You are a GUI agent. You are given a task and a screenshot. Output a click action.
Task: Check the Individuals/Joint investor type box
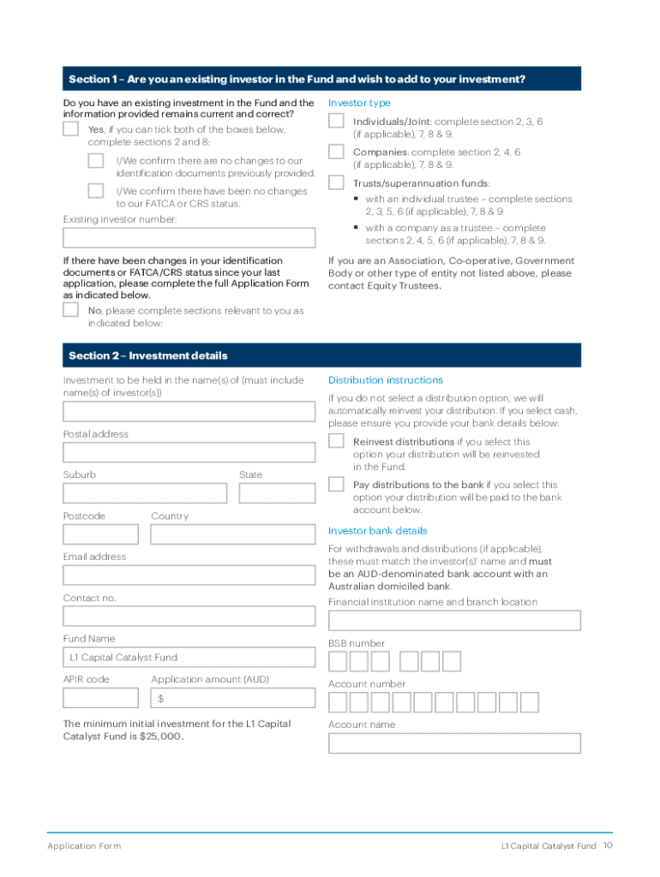tap(337, 122)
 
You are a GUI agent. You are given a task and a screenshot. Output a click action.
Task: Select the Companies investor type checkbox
tap(337, 152)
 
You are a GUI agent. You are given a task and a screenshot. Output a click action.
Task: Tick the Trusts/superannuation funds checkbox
tap(337, 183)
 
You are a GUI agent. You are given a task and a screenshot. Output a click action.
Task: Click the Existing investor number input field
tap(189, 238)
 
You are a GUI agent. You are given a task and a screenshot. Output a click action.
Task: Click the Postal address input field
tap(189, 452)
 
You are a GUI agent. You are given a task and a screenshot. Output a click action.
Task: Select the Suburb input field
tap(145, 493)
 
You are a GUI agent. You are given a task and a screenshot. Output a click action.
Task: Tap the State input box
tap(276, 493)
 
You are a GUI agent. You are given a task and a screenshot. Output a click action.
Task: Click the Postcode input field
tap(100, 534)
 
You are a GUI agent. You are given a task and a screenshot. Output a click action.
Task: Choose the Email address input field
tap(189, 575)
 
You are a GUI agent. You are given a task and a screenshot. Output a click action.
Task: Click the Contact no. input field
tap(189, 617)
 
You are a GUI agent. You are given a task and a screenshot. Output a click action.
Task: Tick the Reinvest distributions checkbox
tap(337, 442)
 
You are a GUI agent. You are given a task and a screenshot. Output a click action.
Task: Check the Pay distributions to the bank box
tap(337, 485)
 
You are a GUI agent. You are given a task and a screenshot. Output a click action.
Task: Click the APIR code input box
tap(100, 699)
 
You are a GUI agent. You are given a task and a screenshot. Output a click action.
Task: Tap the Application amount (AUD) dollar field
tap(232, 699)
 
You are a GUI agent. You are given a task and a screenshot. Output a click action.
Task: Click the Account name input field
tap(454, 743)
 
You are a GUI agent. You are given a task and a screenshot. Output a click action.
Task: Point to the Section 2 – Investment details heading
tap(148, 355)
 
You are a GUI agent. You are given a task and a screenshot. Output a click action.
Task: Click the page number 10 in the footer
tap(607, 845)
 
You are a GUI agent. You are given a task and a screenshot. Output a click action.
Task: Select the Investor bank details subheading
tap(377, 531)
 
